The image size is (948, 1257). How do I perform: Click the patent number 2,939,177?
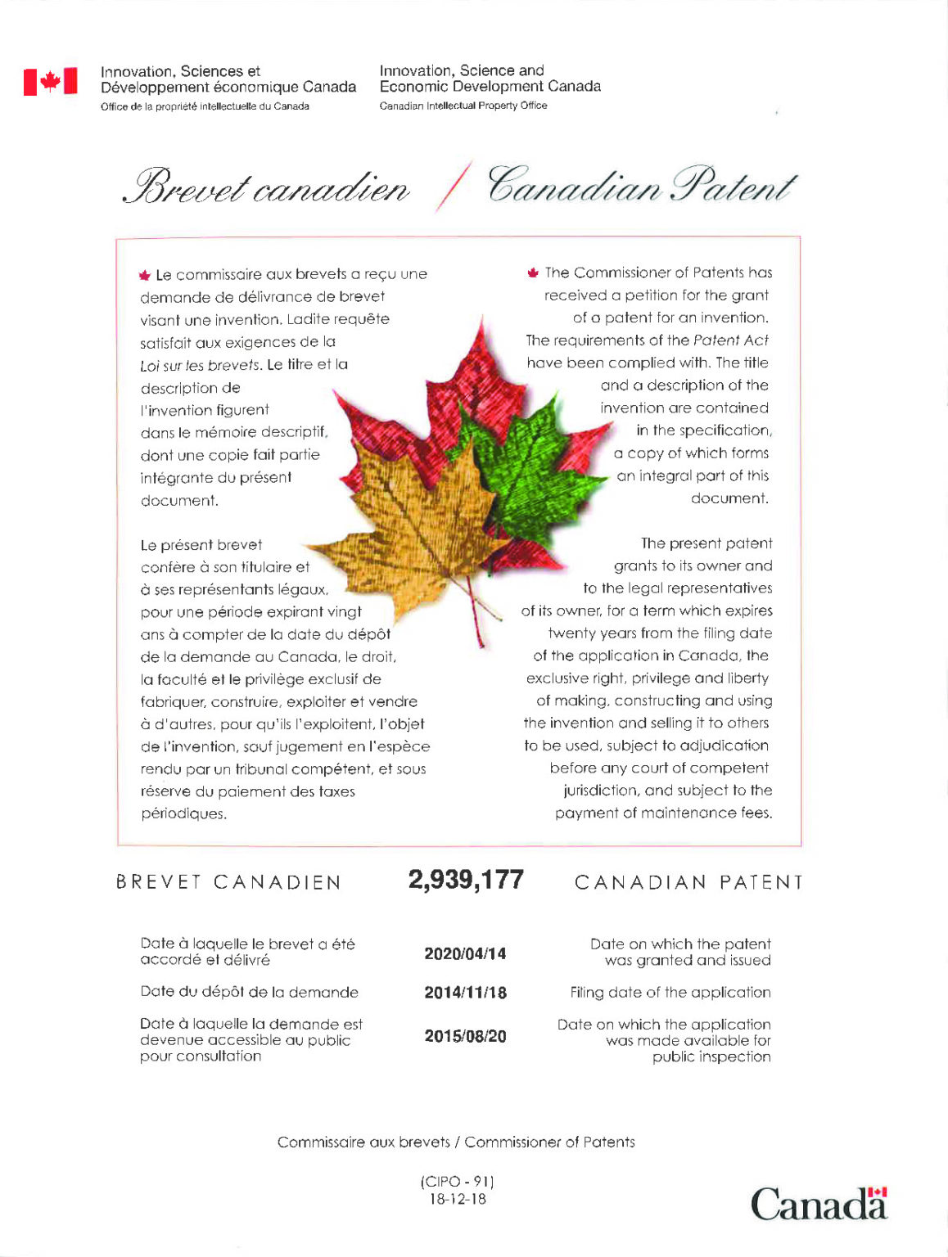(x=466, y=880)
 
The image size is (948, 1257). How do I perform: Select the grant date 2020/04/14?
(x=465, y=953)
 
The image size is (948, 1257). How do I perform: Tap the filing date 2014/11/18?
(x=465, y=993)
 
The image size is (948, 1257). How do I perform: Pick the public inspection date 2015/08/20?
(x=465, y=1036)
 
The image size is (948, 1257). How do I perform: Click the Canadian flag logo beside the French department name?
(x=51, y=81)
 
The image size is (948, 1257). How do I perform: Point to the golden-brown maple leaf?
(x=418, y=524)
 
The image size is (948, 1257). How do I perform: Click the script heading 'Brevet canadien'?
(x=266, y=187)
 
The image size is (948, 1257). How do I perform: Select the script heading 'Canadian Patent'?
(x=641, y=185)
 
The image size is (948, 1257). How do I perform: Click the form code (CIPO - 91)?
(x=458, y=1182)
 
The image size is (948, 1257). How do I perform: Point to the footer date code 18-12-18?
(x=458, y=1199)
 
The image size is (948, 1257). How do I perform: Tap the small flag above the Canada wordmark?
(x=878, y=1192)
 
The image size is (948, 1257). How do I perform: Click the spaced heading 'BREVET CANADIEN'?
(x=228, y=882)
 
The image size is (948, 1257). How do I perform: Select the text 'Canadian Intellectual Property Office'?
(x=463, y=106)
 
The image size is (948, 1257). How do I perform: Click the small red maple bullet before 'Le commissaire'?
(x=145, y=275)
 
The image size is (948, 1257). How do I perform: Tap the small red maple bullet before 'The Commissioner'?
(x=533, y=273)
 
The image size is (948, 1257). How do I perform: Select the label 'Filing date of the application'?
(x=670, y=993)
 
